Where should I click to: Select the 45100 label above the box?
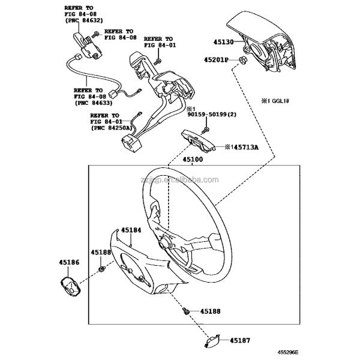[x=193, y=160]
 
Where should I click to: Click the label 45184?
[x=131, y=230]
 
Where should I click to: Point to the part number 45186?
[x=68, y=262]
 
